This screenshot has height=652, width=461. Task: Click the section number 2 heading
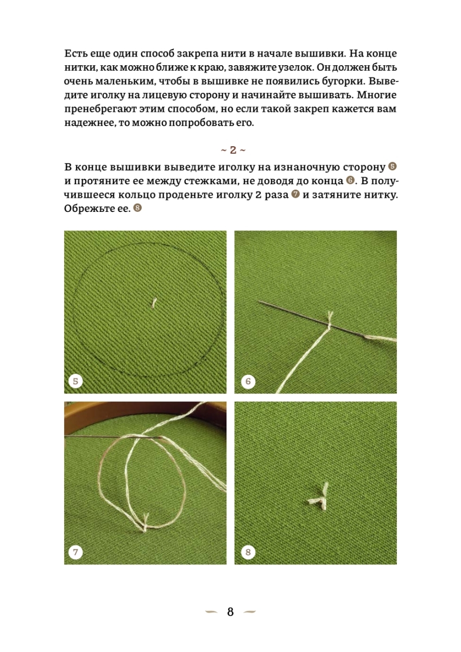[233, 150]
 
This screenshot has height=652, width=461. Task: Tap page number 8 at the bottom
[230, 612]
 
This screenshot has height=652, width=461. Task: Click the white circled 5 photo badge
[75, 381]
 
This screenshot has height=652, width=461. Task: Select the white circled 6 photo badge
[248, 381]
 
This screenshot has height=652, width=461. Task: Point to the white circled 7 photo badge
[75, 552]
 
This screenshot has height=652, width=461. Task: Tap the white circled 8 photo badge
[248, 552]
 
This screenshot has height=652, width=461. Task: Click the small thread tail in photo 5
[154, 303]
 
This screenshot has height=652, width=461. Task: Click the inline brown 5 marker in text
[393, 166]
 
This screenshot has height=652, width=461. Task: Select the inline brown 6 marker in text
[350, 180]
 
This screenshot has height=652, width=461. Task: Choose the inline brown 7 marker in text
[295, 195]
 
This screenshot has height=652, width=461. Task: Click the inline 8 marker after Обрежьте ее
[137, 208]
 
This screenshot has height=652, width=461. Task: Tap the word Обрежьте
[88, 209]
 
